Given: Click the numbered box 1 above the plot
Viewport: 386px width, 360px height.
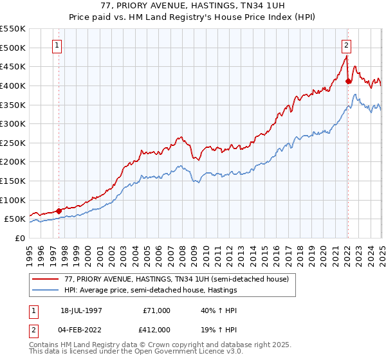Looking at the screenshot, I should coord(58,45).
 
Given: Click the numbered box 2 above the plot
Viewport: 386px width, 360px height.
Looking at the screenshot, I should coord(346,45).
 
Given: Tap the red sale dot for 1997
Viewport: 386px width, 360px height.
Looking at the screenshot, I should coord(59,210).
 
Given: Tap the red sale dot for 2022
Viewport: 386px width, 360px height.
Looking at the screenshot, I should coord(348,81).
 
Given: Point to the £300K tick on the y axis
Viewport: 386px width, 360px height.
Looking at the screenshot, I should coord(13,123).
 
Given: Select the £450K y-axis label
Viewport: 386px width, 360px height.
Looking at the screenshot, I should coord(13,66).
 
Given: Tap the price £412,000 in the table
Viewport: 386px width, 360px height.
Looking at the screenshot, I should coord(155,329).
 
